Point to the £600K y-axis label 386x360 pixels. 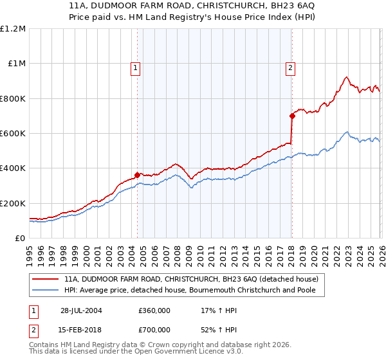click(x=13, y=134)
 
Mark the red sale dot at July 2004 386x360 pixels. click(x=138, y=175)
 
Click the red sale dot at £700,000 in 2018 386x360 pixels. click(x=291, y=116)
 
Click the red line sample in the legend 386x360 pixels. click(x=46, y=279)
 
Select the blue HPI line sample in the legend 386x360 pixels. click(x=46, y=291)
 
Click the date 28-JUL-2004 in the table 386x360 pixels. click(x=81, y=310)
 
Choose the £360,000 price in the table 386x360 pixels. click(x=154, y=310)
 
